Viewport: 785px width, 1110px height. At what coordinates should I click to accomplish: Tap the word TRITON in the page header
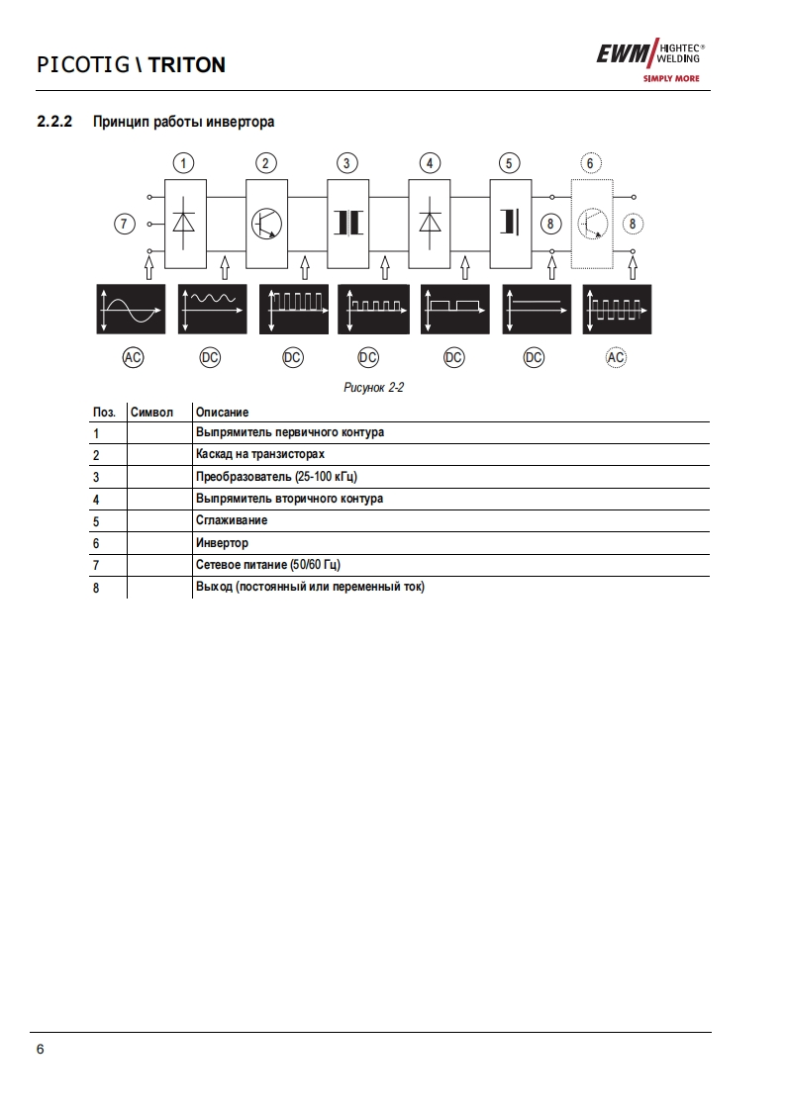click(187, 65)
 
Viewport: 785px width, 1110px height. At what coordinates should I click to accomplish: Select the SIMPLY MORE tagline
click(670, 78)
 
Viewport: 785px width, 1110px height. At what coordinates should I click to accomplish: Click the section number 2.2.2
click(55, 122)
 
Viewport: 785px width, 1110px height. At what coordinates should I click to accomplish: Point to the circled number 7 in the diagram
click(124, 225)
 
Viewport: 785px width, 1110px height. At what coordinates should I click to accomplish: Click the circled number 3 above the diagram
click(346, 163)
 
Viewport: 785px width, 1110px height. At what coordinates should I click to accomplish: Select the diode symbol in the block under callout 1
click(184, 224)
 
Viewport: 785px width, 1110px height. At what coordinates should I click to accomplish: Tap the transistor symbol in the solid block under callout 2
click(265, 225)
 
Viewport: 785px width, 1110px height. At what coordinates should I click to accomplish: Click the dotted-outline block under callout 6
click(592, 224)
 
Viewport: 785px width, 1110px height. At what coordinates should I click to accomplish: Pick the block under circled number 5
click(510, 224)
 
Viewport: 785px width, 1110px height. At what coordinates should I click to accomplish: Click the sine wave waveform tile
click(130, 309)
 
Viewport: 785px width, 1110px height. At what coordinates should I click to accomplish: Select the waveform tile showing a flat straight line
click(536, 309)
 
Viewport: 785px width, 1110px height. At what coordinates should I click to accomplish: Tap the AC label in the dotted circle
click(616, 358)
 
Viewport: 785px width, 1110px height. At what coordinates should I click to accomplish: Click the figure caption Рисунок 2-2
click(373, 388)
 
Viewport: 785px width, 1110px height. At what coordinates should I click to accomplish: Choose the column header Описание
click(222, 412)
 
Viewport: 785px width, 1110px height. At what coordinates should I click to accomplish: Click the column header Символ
click(151, 412)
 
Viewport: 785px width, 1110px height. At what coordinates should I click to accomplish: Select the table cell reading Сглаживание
click(232, 520)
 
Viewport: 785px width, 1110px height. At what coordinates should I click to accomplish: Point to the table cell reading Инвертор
click(222, 542)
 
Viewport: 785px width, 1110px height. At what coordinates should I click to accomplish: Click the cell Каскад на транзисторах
click(259, 455)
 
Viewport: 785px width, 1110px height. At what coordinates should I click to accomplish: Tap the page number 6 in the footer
click(40, 1050)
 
